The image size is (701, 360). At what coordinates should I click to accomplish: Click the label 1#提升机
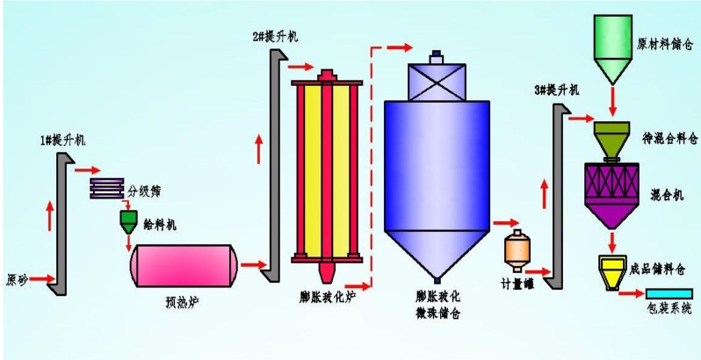coord(62,140)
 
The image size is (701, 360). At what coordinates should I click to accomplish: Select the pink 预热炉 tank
coord(183,265)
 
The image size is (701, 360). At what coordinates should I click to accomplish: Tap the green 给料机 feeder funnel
coord(128,220)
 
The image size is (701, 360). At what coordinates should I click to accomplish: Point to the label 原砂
coord(17,281)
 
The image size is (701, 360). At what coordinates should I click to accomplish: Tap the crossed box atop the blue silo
coord(437,82)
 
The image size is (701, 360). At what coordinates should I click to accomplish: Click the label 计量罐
coord(518,284)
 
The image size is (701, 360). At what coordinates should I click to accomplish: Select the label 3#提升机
coord(556,90)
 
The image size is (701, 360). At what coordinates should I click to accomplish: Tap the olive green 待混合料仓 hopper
coord(611,139)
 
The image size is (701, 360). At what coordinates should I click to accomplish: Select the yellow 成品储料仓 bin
coord(611,270)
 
